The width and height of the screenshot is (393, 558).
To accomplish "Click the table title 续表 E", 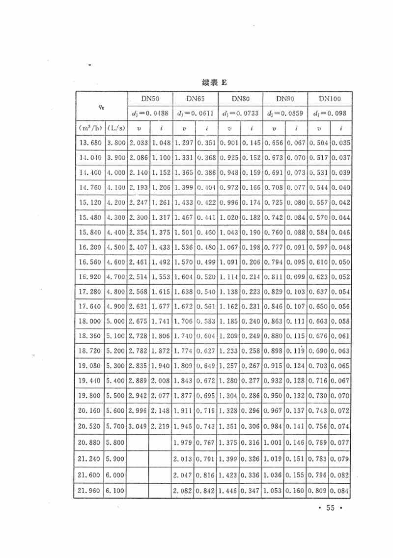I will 215,83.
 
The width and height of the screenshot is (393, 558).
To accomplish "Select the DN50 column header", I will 149,99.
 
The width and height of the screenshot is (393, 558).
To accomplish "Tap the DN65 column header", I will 194,99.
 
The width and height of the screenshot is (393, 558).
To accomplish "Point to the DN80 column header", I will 239,99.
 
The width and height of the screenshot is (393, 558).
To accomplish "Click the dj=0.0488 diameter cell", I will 149,113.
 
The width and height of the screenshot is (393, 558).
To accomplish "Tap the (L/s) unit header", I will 115,128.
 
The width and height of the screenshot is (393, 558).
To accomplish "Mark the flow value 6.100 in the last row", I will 115,491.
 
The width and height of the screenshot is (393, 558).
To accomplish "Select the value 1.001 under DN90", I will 274,442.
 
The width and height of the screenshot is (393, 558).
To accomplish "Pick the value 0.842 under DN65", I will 205,491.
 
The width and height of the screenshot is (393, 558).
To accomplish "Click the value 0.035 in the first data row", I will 341,143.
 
